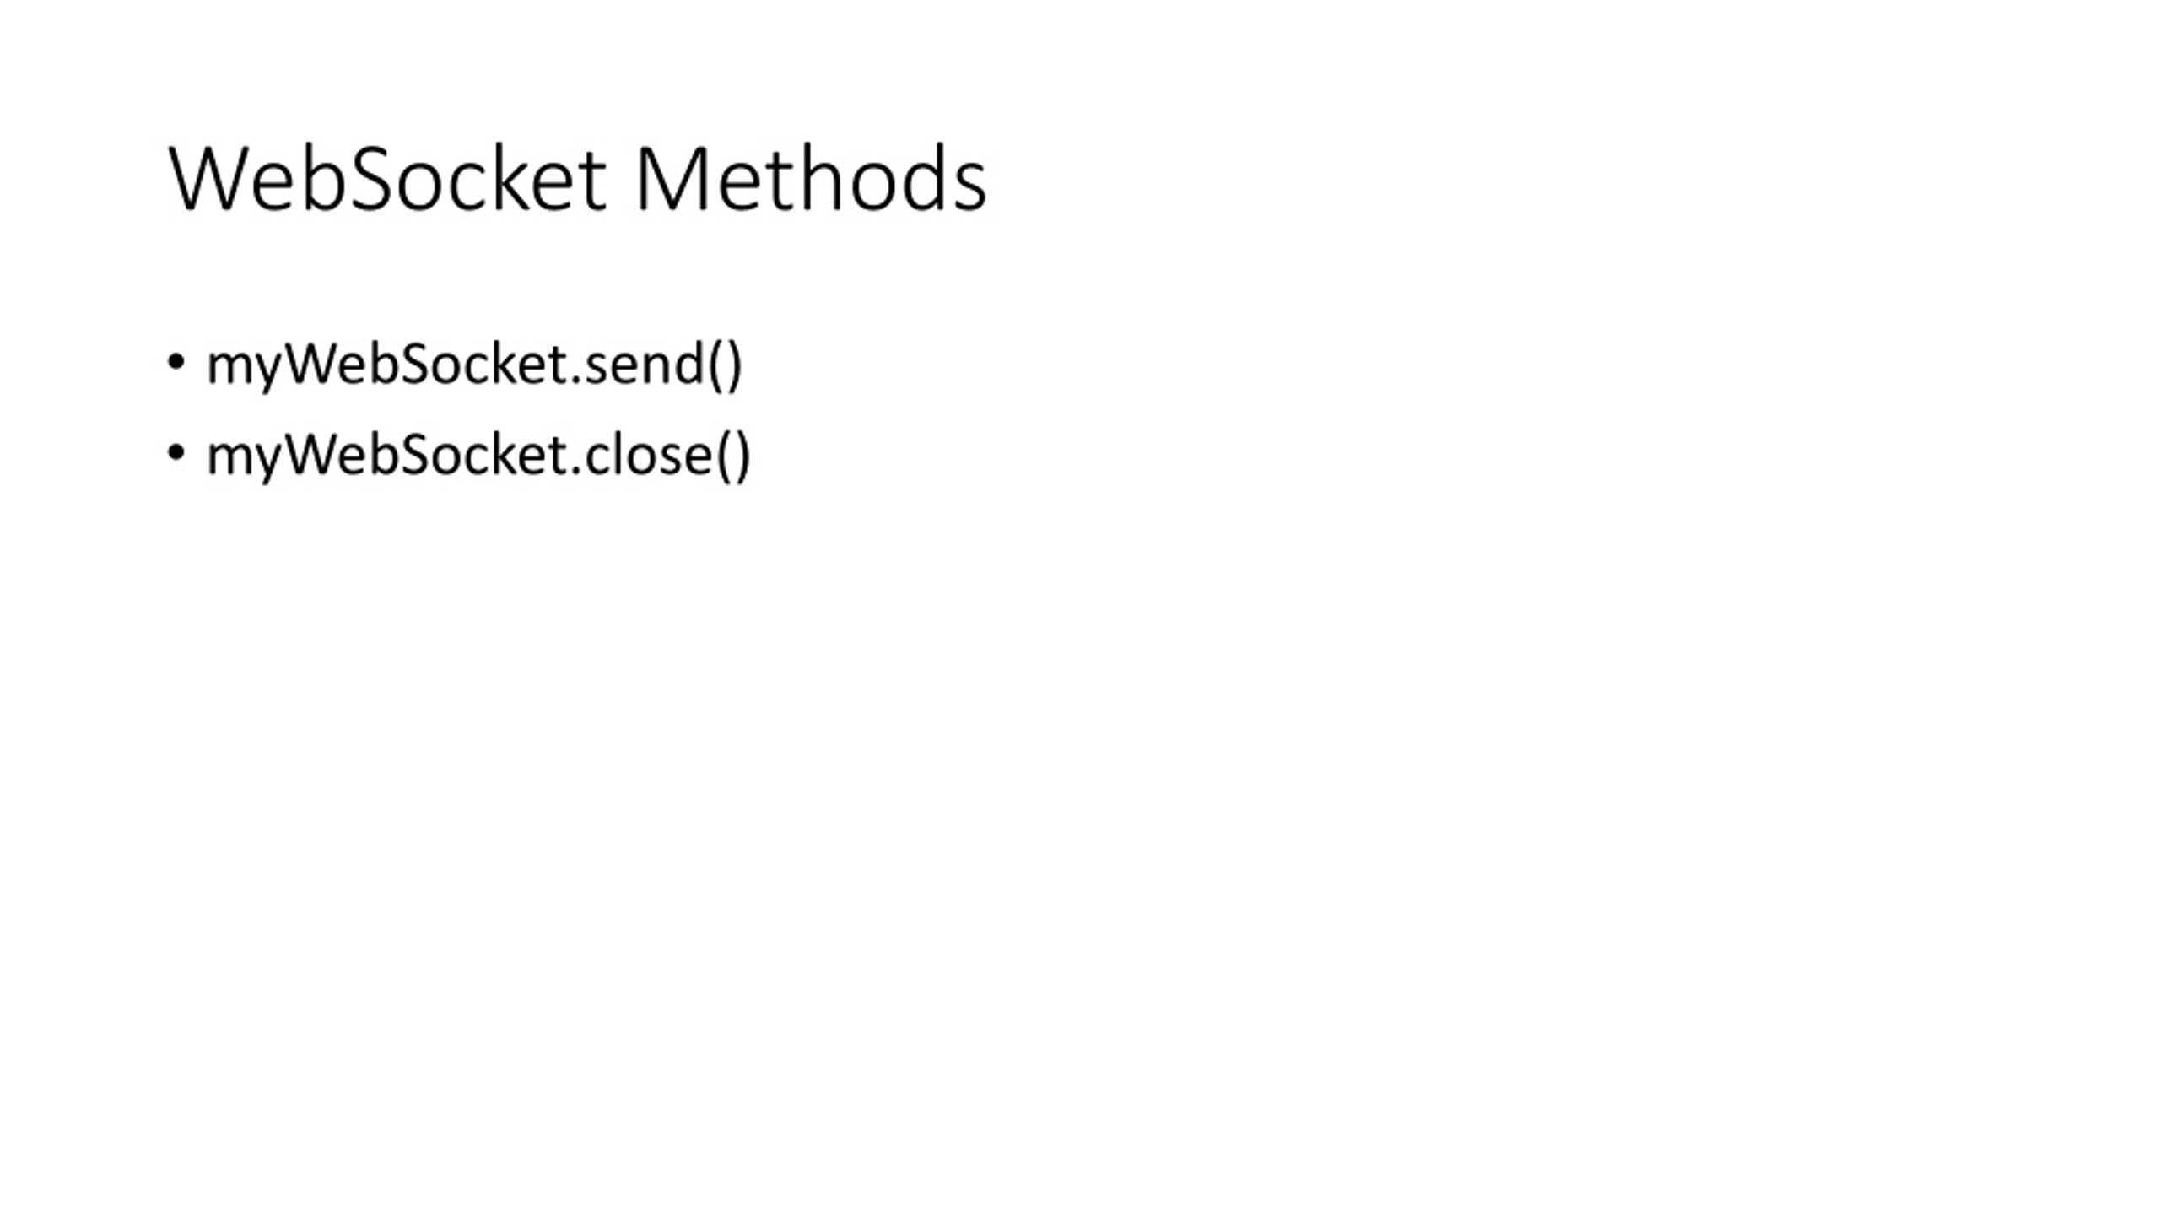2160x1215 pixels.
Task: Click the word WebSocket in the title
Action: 387,179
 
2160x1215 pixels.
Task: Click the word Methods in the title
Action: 811,178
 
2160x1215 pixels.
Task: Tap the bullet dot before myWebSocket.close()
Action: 175,453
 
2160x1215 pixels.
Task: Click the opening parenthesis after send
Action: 715,365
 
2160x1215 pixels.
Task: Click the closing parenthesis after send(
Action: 733,365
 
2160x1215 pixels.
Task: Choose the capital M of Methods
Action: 668,179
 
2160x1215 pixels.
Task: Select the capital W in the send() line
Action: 311,364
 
